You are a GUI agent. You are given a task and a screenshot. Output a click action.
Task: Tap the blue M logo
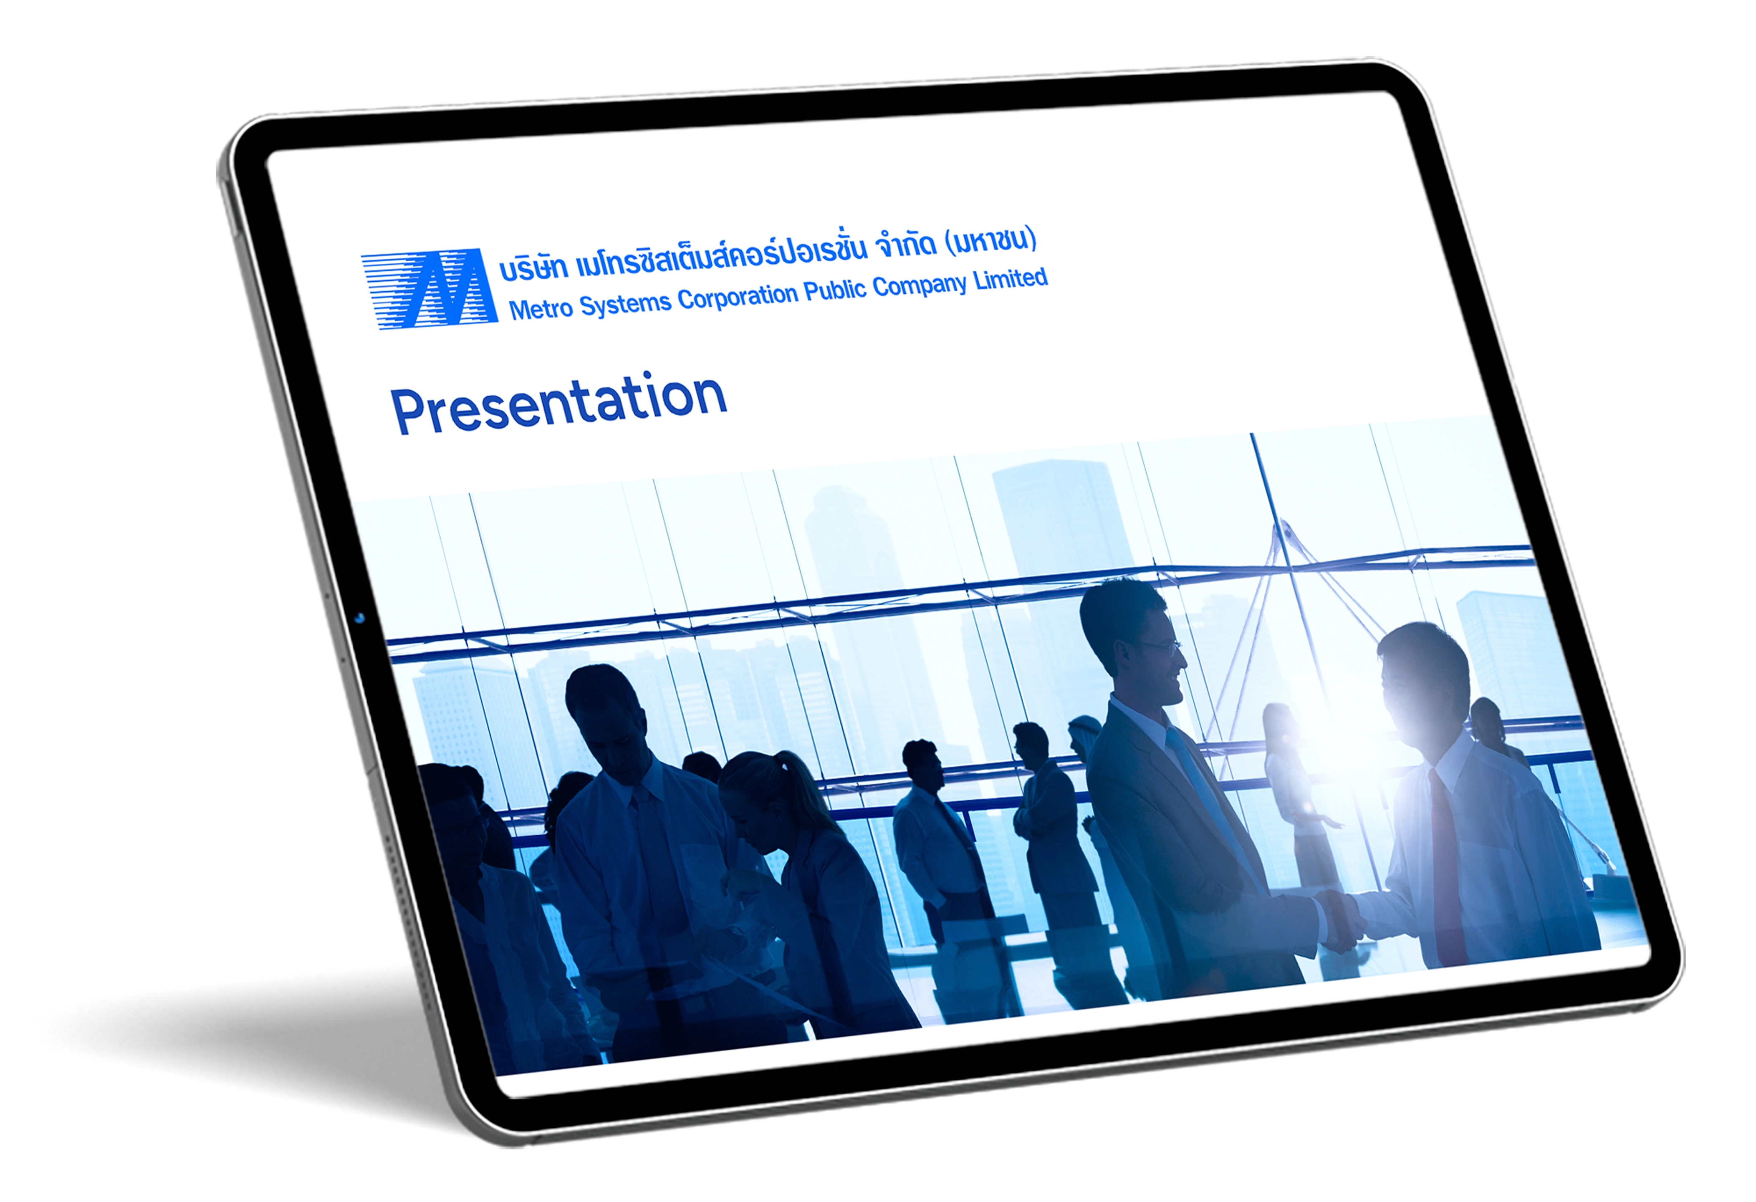(x=429, y=288)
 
